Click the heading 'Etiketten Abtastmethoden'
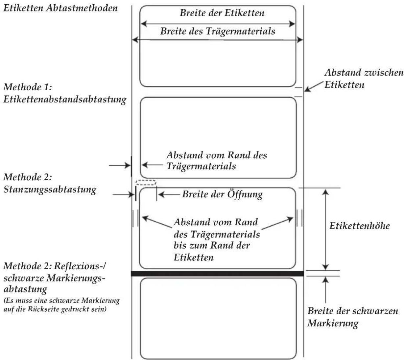[60, 8]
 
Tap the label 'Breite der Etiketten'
[222, 13]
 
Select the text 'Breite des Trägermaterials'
[218, 31]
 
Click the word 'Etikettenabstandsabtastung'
[65, 99]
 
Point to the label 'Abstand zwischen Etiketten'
[364, 79]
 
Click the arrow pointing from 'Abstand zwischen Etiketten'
[314, 87]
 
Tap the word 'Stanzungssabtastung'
[50, 189]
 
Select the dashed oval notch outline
[146, 182]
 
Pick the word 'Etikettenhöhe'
[360, 226]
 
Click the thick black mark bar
[217, 274]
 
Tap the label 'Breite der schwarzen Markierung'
[353, 317]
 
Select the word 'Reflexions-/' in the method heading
[80, 266]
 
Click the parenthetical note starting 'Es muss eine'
[61, 305]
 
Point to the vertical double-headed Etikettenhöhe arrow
[326, 229]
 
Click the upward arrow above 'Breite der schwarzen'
[326, 290]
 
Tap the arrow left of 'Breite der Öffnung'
[169, 194]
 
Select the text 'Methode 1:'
[28, 87]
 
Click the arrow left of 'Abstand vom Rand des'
[152, 165]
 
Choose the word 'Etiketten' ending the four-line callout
[194, 258]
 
